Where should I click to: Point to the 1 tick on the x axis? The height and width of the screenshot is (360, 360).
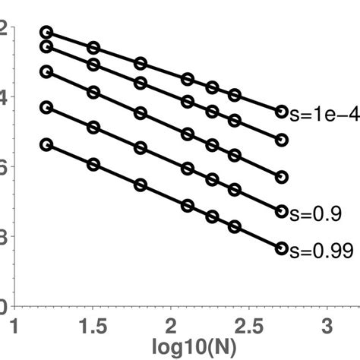pos(14,326)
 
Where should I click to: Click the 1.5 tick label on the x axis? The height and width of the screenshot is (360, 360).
pos(93,326)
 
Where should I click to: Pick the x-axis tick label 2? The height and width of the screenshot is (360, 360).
pos(172,326)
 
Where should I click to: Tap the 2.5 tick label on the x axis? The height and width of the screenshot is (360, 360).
pos(250,326)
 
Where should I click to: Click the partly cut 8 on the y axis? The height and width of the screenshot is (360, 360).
pos(5,237)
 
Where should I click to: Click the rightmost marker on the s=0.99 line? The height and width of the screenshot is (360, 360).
pos(281,248)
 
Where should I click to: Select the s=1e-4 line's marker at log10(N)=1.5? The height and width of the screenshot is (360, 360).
pos(93,48)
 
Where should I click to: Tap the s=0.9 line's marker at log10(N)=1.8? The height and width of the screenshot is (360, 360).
pos(141,149)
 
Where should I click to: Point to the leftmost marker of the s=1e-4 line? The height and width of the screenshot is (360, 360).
pos(46,32)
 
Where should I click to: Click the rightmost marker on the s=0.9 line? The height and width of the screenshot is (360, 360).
pos(281,212)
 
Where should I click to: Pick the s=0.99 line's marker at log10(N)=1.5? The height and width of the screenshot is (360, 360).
pos(93,164)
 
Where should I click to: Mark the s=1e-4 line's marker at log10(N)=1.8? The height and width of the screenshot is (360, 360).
pos(141,64)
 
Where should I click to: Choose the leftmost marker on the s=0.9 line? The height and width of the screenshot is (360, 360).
pos(46,108)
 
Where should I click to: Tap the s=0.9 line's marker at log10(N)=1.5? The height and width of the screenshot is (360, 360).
pos(93,128)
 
